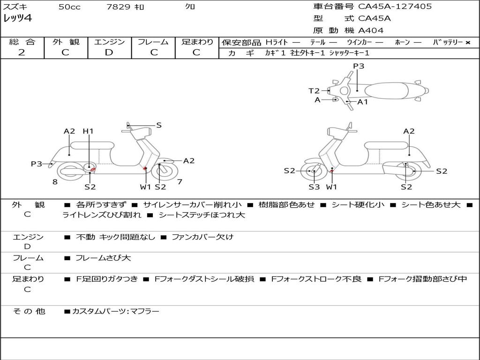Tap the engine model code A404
371,30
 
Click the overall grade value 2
22,52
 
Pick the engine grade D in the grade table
109,52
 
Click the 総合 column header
22,42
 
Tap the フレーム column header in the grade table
153,42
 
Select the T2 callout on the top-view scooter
314,91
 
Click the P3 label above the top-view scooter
359,66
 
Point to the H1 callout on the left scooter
88,131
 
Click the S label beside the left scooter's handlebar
159,125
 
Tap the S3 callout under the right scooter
314,187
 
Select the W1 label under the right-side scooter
331,187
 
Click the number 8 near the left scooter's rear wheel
55,182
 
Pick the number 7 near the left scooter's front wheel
180,181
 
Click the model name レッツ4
18,19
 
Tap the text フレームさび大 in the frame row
103,258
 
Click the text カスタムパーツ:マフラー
116,311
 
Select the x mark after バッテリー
468,42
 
